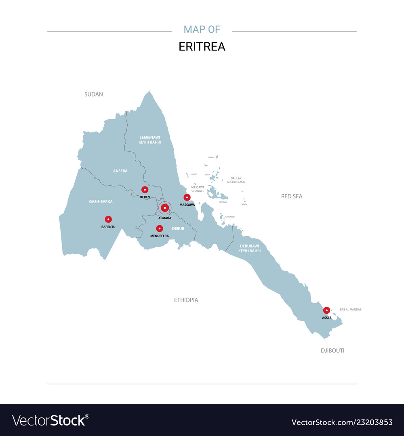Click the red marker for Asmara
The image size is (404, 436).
[164, 208]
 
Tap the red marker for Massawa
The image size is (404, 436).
[187, 197]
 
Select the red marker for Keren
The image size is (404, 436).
[145, 189]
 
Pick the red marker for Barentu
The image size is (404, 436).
[108, 219]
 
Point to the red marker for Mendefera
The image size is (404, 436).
[160, 228]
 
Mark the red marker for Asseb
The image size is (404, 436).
[326, 310]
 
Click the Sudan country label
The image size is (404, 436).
[93, 94]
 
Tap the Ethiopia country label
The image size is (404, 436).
[186, 300]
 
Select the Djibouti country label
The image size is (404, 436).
[332, 350]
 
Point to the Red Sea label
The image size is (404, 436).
[292, 196]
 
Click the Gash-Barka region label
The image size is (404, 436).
[101, 201]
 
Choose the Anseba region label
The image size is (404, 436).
[120, 171]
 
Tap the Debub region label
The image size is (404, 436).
[178, 228]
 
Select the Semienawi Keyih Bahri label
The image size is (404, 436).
[150, 140]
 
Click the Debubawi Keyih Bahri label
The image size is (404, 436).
[249, 248]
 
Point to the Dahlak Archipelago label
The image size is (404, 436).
[236, 180]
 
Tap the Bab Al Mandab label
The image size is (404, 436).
[351, 309]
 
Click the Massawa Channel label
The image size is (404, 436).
[198, 189]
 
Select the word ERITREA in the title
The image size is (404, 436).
[202, 46]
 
